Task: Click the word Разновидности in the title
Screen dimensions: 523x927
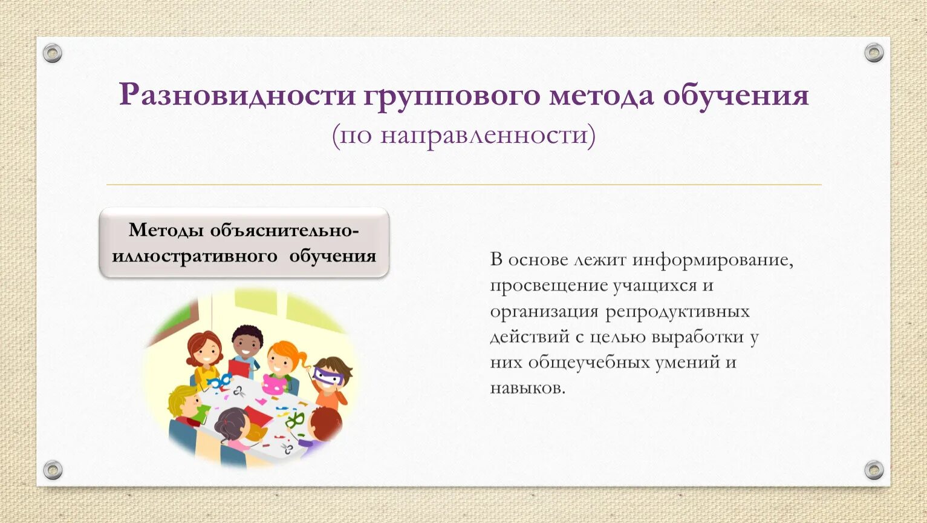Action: click(x=238, y=96)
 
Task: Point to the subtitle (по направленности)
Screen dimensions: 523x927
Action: click(x=463, y=136)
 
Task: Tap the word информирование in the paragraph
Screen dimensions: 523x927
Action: click(x=713, y=260)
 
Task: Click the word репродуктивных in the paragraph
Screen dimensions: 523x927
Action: click(x=677, y=311)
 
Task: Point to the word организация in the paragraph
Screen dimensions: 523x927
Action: click(x=544, y=311)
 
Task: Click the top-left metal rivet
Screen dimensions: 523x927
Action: click(x=53, y=53)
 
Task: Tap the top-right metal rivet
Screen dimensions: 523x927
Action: click(x=874, y=53)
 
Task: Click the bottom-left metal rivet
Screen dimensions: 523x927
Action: click(x=53, y=470)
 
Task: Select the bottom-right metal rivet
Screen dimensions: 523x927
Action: click(x=874, y=470)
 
